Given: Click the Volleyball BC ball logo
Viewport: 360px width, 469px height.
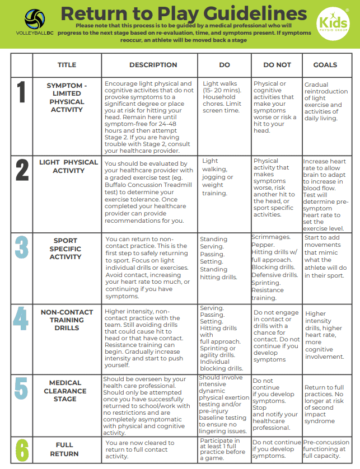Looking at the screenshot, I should [35, 20].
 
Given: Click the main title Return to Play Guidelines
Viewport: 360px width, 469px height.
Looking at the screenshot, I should [184, 13].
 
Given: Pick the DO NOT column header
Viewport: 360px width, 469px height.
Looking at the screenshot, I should [277, 65].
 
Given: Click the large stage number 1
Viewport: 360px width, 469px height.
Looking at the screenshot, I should [22, 93].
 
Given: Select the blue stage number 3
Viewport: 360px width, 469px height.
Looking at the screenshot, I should [22, 247].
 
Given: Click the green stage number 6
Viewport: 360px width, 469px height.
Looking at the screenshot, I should [22, 448].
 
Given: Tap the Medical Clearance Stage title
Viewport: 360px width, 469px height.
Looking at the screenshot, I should [65, 391].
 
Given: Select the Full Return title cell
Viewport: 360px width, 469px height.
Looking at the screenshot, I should [64, 449].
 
